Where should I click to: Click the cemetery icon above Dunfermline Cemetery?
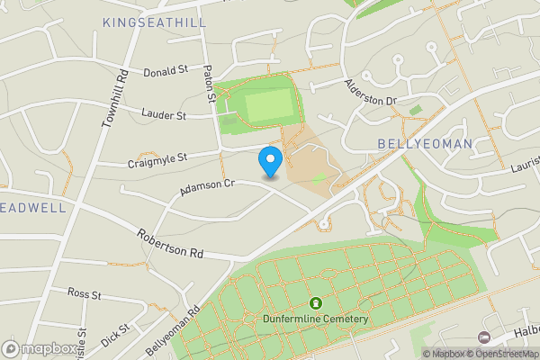[316, 303]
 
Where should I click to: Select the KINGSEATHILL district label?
[154, 22]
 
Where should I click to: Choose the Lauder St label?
[163, 114]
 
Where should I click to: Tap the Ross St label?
[85, 294]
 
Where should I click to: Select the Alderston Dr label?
[371, 93]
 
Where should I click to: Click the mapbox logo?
[39, 348]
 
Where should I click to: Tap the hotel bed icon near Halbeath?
[484, 337]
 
